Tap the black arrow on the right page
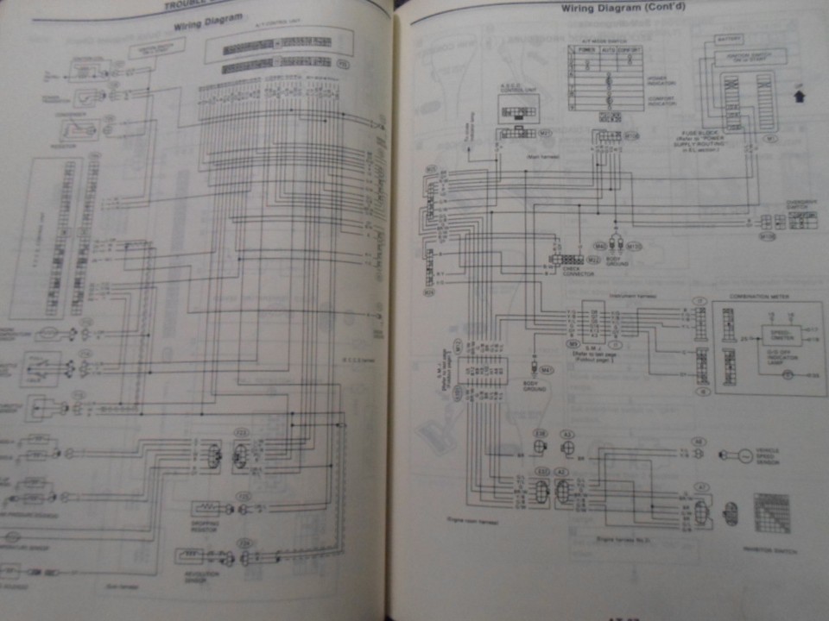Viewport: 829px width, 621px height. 799,97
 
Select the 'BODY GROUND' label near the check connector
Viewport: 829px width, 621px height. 614,260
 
